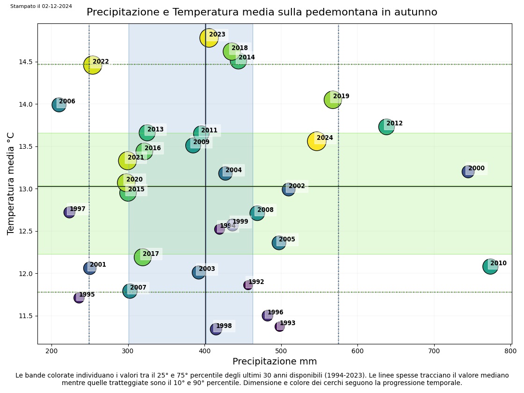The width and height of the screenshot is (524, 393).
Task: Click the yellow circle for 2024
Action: pos(317,141)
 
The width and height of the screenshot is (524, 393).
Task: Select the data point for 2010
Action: pos(490,266)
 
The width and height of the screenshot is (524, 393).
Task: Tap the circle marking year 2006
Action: pos(58,104)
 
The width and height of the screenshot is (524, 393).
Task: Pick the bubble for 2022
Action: pos(93,65)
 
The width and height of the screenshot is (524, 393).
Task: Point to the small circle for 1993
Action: pos(280,326)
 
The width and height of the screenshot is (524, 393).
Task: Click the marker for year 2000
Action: pos(468,171)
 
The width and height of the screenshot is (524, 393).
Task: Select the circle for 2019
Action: pos(333,99)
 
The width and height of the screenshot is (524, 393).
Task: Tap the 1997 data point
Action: pos(69,212)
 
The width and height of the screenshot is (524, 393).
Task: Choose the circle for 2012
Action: pos(386,126)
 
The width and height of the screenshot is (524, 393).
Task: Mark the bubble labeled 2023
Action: pos(209,37)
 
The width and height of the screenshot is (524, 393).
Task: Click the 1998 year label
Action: pos(224,326)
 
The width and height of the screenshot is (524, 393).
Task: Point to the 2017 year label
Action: pos(151,254)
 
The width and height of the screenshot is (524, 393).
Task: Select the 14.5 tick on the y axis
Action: pos(26,62)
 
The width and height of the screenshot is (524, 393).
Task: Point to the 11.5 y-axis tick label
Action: pos(26,316)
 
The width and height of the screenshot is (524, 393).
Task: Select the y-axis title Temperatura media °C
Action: pos(11,183)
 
